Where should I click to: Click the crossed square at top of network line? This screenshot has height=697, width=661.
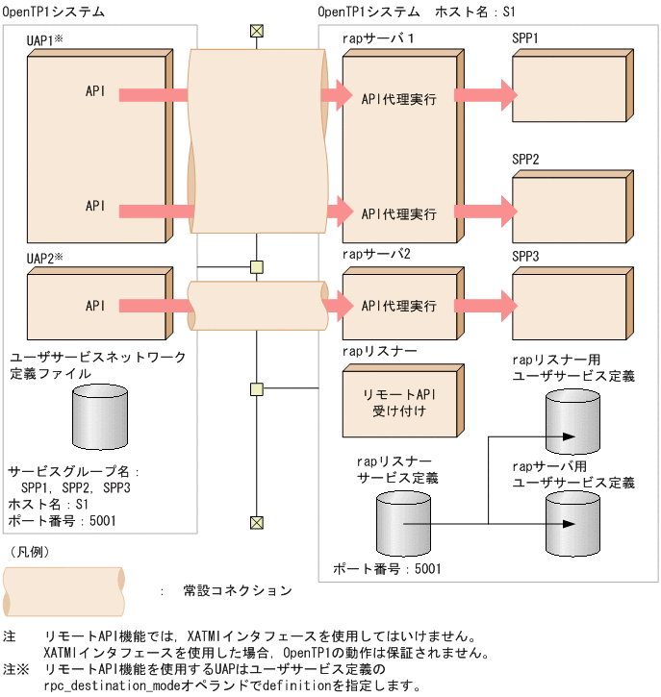256,31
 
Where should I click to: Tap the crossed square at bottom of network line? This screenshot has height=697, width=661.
256,522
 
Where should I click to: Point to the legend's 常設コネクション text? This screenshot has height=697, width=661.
237,590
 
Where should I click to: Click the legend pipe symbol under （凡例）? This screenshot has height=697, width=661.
64,590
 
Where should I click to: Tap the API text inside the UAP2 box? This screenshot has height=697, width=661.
95,306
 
